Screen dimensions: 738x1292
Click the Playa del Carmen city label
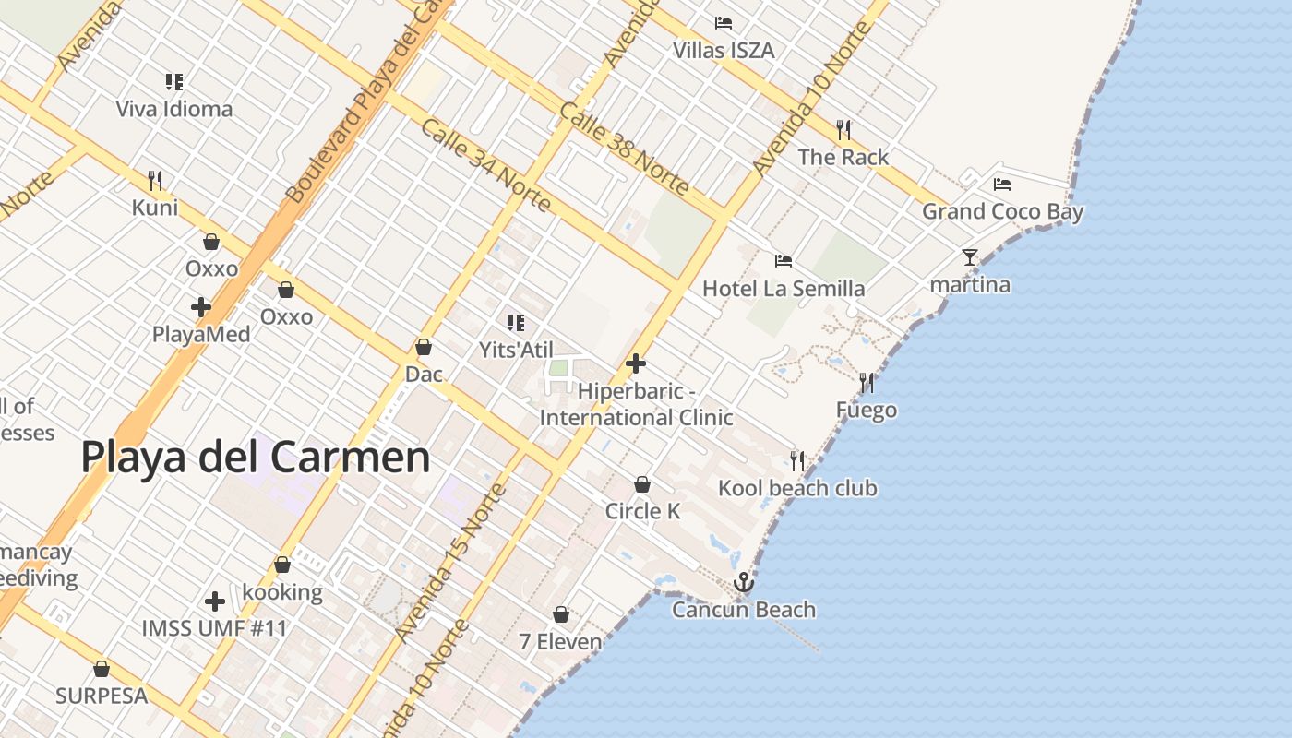(x=256, y=457)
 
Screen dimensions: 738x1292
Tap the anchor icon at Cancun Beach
(x=743, y=582)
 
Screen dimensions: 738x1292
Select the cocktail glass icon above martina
(x=969, y=256)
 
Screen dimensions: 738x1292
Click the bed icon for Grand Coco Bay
(x=1002, y=184)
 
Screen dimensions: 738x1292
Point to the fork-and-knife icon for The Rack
(x=843, y=129)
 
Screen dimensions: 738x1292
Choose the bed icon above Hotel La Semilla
(x=784, y=261)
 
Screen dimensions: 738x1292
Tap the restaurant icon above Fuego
(x=866, y=381)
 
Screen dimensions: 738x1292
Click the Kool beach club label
(x=797, y=488)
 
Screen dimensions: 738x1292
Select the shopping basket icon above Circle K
(x=642, y=484)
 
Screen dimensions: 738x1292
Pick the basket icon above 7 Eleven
(x=560, y=614)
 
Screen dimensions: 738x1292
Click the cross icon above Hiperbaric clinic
(x=636, y=363)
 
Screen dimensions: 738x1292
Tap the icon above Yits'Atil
(x=516, y=323)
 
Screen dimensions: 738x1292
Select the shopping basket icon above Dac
(x=424, y=347)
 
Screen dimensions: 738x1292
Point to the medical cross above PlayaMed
(x=201, y=306)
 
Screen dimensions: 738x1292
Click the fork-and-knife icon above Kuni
(x=155, y=179)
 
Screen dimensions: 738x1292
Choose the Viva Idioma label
(x=174, y=109)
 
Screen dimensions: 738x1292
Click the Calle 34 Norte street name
(x=485, y=163)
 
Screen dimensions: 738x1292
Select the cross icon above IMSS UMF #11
(x=215, y=601)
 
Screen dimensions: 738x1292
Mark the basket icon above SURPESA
(x=102, y=669)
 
